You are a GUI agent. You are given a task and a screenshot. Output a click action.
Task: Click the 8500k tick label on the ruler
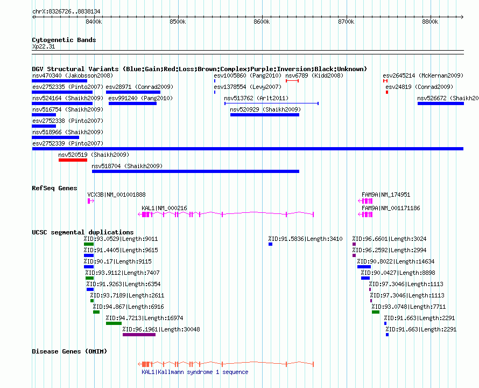(x=178, y=22)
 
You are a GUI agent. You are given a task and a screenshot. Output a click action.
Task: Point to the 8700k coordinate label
(x=346, y=22)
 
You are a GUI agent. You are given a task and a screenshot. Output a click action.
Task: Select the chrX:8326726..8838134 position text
(x=66, y=12)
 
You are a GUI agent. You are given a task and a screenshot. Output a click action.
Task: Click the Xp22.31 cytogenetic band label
(x=44, y=46)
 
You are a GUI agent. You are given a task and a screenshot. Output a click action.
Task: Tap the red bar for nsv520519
(x=73, y=160)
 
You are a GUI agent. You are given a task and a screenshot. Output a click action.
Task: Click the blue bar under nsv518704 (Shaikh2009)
(x=195, y=171)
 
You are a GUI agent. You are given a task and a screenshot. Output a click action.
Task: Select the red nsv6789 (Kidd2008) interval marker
(x=292, y=81)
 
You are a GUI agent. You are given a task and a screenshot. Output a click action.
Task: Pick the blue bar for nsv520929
(x=265, y=115)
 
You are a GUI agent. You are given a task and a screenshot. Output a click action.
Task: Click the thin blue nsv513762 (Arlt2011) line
(x=271, y=103)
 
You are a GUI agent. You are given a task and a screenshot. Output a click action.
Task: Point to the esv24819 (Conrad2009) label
(x=419, y=87)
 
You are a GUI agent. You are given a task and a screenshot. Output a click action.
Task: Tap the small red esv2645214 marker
(x=385, y=81)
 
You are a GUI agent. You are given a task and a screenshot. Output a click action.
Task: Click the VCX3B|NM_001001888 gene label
(x=116, y=195)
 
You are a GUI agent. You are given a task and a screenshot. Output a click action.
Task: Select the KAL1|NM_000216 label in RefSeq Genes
(x=164, y=208)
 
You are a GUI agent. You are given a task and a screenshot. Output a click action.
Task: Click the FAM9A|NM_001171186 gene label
(x=391, y=208)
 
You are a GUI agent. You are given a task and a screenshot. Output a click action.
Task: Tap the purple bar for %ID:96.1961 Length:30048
(x=139, y=335)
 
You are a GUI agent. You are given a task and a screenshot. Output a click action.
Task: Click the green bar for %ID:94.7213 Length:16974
(x=114, y=323)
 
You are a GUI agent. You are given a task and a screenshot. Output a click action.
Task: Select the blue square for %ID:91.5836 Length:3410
(x=270, y=244)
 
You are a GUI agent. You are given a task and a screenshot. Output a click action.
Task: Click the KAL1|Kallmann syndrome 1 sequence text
(x=195, y=372)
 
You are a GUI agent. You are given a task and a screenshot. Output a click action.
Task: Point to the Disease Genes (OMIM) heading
(x=69, y=351)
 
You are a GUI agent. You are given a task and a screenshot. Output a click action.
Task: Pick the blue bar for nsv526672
(x=440, y=103)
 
